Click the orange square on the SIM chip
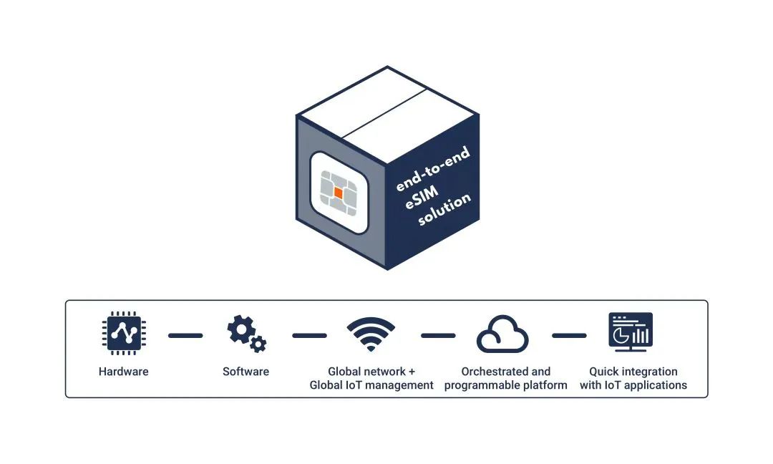click(339, 193)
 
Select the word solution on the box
click(444, 210)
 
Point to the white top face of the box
click(387, 114)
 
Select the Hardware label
click(124, 372)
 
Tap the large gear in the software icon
click(240, 329)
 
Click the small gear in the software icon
click(258, 344)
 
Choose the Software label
click(245, 372)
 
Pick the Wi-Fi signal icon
click(371, 334)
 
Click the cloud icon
click(502, 335)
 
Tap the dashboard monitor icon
click(631, 332)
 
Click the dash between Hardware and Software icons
click(185, 335)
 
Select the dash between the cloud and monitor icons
click(569, 335)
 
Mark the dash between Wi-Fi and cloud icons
click(438, 335)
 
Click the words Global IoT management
click(371, 385)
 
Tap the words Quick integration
click(633, 372)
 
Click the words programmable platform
click(505, 385)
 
